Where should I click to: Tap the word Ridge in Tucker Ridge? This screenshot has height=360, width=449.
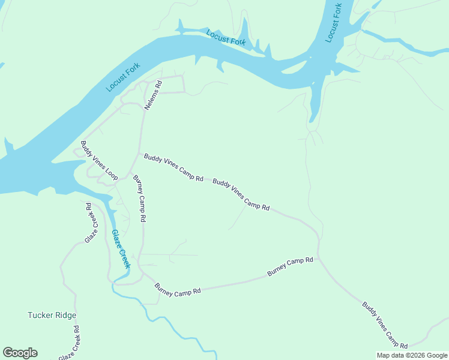(66, 315)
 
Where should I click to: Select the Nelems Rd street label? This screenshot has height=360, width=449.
(153, 95)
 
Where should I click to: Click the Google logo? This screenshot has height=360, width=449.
(20, 353)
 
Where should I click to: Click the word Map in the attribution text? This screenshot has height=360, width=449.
(382, 355)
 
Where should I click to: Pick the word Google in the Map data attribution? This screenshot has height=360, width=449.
(437, 355)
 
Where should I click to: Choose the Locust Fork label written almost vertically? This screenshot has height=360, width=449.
(334, 23)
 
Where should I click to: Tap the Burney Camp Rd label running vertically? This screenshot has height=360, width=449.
(139, 199)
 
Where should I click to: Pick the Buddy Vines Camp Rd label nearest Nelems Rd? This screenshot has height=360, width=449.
(173, 167)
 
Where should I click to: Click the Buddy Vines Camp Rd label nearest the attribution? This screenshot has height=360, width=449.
(385, 325)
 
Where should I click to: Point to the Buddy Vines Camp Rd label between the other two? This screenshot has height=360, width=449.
(241, 194)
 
